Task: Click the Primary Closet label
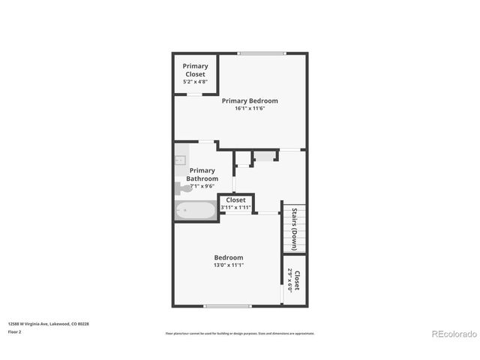pyautogui.click(x=196, y=70)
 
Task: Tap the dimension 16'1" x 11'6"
pyautogui.click(x=250, y=109)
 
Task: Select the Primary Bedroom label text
pyautogui.click(x=250, y=100)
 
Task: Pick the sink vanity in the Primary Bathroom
pyautogui.click(x=180, y=160)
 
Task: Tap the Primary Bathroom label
pyautogui.click(x=202, y=175)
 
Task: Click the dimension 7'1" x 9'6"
pyautogui.click(x=202, y=186)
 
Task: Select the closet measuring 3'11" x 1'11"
pyautogui.click(x=235, y=203)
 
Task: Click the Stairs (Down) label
pyautogui.click(x=295, y=228)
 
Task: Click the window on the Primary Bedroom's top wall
pyautogui.click(x=262, y=53)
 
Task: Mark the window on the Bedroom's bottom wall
pyautogui.click(x=227, y=306)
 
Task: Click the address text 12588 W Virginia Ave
pyautogui.click(x=48, y=323)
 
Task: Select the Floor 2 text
pyautogui.click(x=15, y=331)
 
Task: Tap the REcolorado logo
pyautogui.click(x=452, y=333)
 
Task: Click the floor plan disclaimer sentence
pyautogui.click(x=240, y=333)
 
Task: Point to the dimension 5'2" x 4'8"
pyautogui.click(x=196, y=81)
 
